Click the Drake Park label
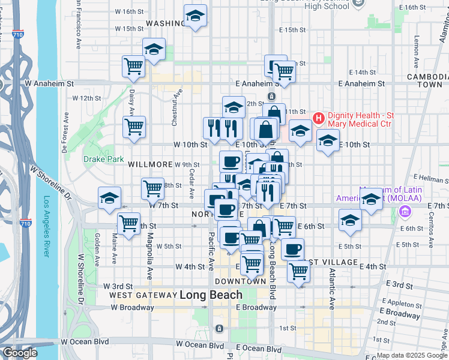pos(103,160)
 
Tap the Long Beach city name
pos(211,295)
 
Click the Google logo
pos(19,353)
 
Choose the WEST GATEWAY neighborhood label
pos(142,296)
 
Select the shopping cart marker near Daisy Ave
pos(133,127)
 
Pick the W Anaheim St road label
pos(49,84)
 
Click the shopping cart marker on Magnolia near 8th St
pos(153,188)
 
